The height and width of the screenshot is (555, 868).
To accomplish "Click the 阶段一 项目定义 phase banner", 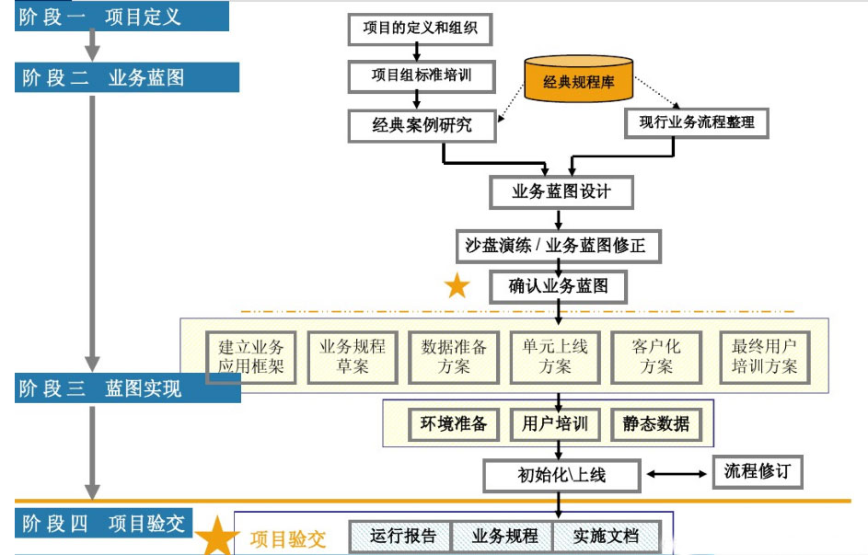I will point(122,17).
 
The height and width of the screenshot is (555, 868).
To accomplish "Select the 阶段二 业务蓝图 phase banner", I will point(126,77).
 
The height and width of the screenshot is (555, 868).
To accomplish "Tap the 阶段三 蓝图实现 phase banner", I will point(127,388).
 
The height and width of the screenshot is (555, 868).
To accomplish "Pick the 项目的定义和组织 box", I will point(420,29).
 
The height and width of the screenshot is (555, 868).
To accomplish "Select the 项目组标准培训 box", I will point(421,75).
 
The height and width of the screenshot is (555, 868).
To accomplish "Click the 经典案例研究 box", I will point(422,125).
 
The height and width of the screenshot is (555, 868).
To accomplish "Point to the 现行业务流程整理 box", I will point(696,122).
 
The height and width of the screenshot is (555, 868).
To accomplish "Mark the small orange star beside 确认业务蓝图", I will point(457,286).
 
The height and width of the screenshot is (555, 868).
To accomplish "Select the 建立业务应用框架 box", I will point(250,356).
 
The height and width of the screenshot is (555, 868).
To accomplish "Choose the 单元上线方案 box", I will point(555,356).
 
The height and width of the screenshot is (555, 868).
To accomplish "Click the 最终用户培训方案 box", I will point(764,356).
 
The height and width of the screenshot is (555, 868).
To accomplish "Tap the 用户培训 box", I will point(554,424).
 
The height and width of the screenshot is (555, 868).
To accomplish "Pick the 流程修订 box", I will point(757,471).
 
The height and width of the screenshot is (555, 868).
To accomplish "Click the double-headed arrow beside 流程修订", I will point(677,474).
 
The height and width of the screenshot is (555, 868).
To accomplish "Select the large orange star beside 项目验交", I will point(217,537).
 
